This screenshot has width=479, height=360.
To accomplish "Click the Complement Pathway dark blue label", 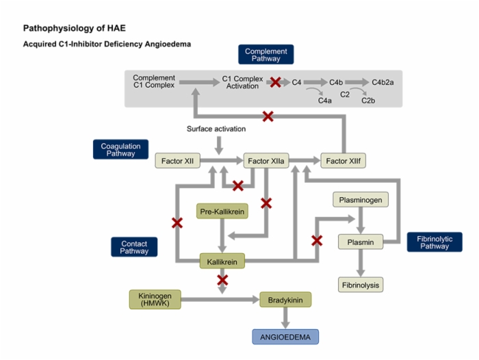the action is [266, 54].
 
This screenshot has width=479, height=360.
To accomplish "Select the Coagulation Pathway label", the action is [120, 149].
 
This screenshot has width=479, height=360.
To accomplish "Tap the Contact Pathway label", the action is [134, 247].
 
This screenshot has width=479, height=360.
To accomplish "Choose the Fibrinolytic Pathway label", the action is [435, 242].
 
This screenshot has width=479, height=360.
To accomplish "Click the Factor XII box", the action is [177, 161].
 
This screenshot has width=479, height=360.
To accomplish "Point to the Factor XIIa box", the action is [266, 161].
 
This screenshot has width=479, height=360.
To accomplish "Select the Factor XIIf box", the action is [343, 161].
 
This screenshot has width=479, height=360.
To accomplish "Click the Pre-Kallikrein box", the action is [222, 211].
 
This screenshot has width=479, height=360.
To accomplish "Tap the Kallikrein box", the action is [222, 261].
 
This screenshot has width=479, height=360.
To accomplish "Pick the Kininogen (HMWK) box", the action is [155, 300].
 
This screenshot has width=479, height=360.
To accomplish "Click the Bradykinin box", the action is [285, 300].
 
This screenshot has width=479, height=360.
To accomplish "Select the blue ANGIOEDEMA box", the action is [285, 337].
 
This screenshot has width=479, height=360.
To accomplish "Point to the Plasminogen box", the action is [361, 200].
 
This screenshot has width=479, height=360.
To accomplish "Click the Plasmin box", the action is [361, 242].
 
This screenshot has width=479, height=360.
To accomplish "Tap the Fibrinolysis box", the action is [361, 285].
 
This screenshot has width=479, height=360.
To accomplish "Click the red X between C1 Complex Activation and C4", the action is [276, 82].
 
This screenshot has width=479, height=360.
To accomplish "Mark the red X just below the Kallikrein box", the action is [222, 280].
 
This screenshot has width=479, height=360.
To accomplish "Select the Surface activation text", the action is [216, 129].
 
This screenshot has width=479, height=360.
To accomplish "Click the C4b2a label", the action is [383, 82].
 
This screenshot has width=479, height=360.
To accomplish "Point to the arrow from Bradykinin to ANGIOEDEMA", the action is [285, 318].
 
